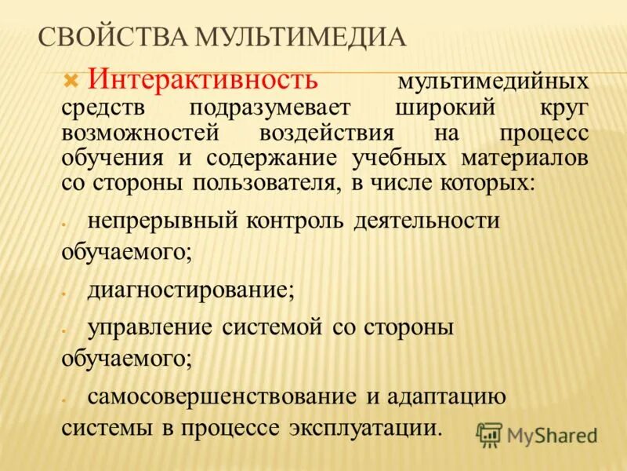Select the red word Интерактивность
pos(202,79)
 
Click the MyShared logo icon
pos(489,435)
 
